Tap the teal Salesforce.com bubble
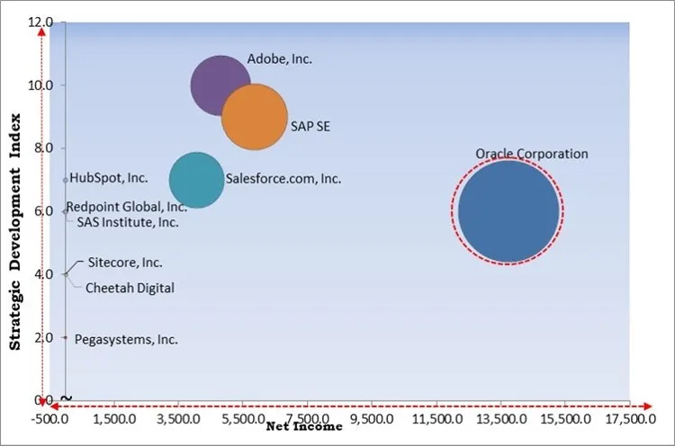coord(196,180)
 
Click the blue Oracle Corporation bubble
coord(509,211)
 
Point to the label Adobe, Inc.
coord(279,59)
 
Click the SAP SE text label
coord(310,126)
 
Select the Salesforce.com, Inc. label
coord(283,179)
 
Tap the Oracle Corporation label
coord(531,154)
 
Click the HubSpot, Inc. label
coord(109,178)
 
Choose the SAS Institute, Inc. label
coord(127,222)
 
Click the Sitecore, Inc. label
coord(125,263)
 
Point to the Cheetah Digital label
coord(130,289)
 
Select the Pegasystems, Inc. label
coord(126,340)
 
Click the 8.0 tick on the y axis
coord(43,147)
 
